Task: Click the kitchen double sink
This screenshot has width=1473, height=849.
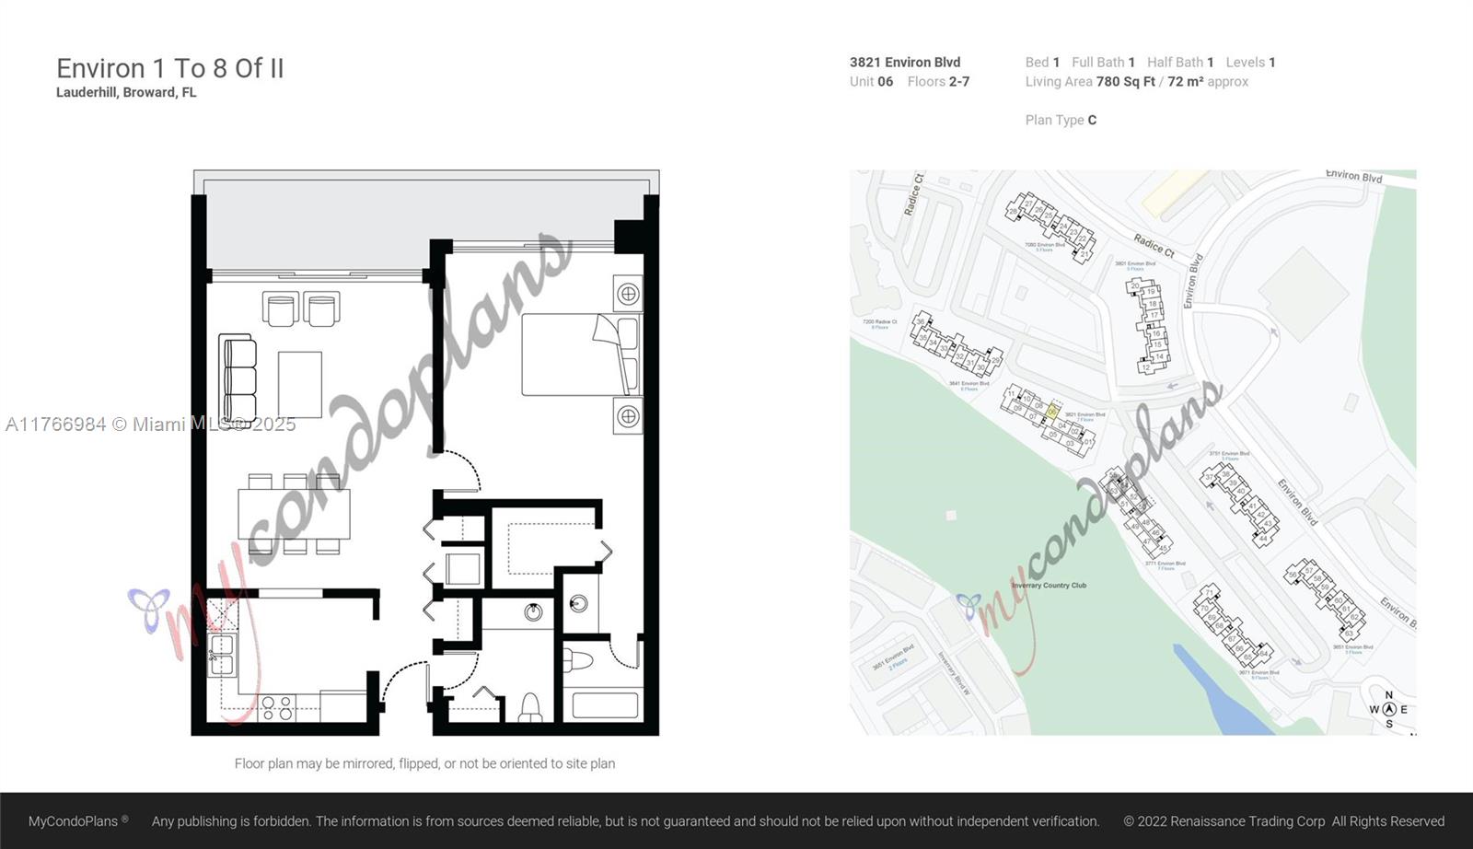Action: (x=222, y=655)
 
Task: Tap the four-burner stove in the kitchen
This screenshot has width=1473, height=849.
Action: (x=277, y=708)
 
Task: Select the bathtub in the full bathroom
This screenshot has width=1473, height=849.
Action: (x=605, y=706)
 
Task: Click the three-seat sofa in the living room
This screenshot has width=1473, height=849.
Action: (x=238, y=378)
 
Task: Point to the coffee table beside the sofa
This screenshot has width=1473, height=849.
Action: (x=300, y=384)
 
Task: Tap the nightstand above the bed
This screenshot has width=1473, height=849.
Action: (x=628, y=294)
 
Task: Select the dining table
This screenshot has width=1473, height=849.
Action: (x=294, y=515)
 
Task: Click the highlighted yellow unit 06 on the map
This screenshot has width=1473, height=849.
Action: (x=1053, y=412)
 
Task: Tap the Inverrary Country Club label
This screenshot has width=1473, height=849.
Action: (x=1049, y=586)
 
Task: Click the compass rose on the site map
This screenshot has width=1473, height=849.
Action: (x=1389, y=709)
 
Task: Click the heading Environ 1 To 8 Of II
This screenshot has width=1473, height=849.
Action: (x=170, y=68)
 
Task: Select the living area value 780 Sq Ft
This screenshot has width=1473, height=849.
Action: (x=1125, y=82)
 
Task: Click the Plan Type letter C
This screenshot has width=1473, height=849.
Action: (x=1092, y=120)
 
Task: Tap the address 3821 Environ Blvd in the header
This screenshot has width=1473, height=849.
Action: (x=905, y=63)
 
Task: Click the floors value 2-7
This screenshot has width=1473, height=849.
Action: (x=959, y=82)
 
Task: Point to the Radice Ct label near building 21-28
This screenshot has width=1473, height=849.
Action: (x=1154, y=245)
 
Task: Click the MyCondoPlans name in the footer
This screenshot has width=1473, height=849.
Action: (x=73, y=821)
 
